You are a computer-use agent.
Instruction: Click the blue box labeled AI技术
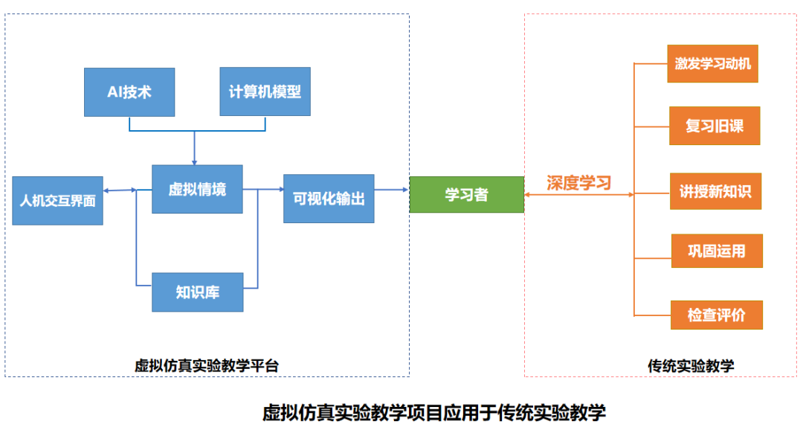point(129,92)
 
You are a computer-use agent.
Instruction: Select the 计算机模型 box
point(265,92)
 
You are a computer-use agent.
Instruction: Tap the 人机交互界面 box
point(58,201)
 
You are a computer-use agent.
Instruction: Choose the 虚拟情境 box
point(197,190)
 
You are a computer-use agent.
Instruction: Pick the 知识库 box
point(198,292)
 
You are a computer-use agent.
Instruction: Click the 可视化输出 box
point(329,199)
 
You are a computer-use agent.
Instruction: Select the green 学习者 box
point(467,195)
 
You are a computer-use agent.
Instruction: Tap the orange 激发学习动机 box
point(713,63)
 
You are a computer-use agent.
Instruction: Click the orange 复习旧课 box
point(714,126)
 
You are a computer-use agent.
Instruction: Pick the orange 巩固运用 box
point(717,251)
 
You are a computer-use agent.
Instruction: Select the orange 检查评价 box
point(716,314)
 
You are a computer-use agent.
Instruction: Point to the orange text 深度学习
point(578,182)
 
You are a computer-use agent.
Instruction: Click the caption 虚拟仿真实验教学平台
point(207,365)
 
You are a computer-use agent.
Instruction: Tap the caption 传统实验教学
point(691,365)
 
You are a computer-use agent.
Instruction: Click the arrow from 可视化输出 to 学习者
point(392,190)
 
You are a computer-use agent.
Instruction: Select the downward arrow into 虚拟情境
point(195,149)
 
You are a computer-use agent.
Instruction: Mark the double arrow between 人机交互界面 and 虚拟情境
point(120,190)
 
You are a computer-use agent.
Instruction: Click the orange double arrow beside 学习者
point(578,195)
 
